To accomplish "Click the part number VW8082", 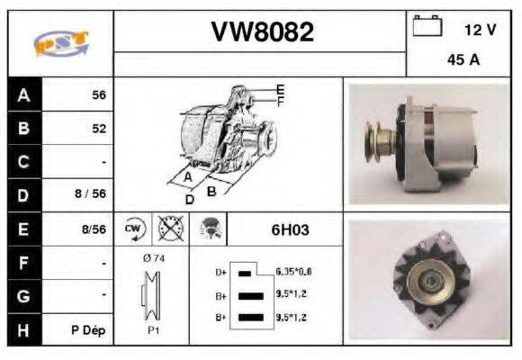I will pyautogui.click(x=262, y=32).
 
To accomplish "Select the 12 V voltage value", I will pyautogui.click(x=479, y=30).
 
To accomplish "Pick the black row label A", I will pyautogui.click(x=24, y=94).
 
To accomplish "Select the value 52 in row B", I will pyautogui.click(x=98, y=128).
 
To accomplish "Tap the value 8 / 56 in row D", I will pyautogui.click(x=92, y=194).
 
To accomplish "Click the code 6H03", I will pyautogui.click(x=290, y=229).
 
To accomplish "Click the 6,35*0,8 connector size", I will pyautogui.click(x=293, y=271).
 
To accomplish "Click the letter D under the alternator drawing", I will pyautogui.click(x=189, y=199).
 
